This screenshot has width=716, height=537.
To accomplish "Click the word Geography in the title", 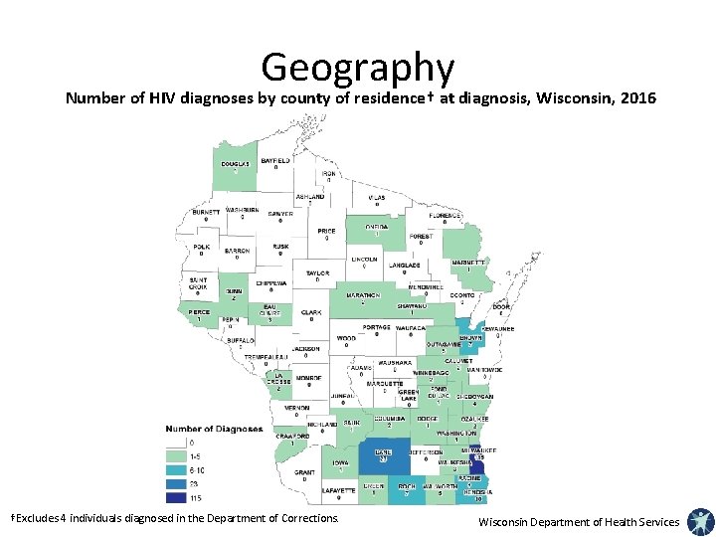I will click(358, 68).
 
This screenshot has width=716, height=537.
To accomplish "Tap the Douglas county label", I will click(236, 163).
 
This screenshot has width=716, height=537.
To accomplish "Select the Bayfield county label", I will click(275, 160).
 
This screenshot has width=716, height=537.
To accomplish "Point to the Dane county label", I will click(383, 452).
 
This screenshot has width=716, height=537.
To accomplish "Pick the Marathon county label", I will click(363, 295).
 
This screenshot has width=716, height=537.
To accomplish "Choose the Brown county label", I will click(470, 338).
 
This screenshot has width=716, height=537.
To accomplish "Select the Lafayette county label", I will click(338, 489).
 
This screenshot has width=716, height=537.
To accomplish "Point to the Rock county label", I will click(407, 486).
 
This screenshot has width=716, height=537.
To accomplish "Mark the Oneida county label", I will click(377, 226).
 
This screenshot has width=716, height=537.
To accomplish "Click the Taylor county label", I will click(317, 272).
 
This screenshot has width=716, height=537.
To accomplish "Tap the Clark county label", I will click(311, 312).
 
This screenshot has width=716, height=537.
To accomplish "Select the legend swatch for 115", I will click(178, 496).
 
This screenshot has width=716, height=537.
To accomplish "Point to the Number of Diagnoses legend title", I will click(214, 429).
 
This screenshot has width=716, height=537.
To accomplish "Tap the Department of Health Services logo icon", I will click(700, 520).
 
